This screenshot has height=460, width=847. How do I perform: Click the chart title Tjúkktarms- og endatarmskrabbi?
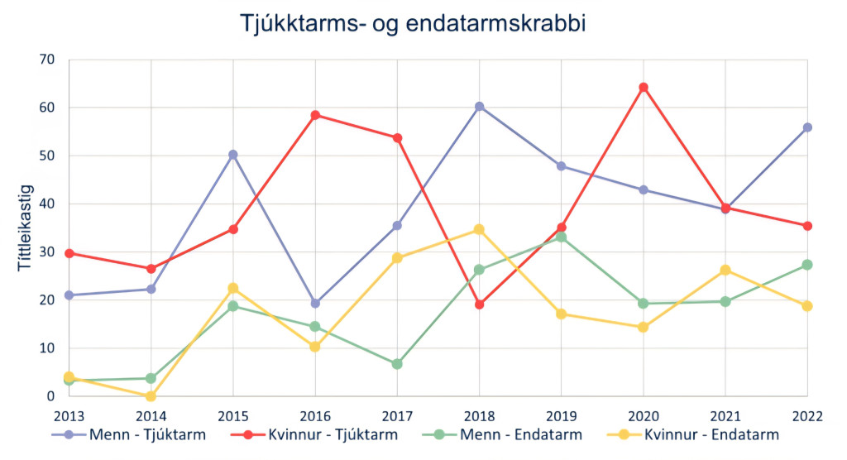tap(413, 23)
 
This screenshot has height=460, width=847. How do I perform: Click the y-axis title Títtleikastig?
tap(24, 227)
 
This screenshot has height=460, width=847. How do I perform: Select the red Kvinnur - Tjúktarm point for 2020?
tap(644, 88)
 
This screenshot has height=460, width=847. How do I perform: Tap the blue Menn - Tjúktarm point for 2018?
tap(479, 107)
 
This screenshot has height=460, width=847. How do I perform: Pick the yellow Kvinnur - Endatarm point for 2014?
tap(151, 396)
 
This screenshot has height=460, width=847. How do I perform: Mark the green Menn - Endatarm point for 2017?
tap(397, 364)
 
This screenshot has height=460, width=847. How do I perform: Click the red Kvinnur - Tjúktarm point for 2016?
tap(315, 115)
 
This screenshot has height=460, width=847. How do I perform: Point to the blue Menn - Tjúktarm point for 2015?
tap(233, 155)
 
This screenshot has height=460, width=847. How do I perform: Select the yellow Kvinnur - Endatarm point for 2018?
tap(479, 229)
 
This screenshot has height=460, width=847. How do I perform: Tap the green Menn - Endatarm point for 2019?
tap(561, 237)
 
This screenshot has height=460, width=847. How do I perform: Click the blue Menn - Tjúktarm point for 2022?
tap(807, 127)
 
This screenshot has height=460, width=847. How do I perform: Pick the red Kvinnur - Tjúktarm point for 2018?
tap(479, 304)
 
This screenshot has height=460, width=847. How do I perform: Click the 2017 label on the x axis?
tap(397, 414)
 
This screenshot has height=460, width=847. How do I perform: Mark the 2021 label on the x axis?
tap(725, 414)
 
